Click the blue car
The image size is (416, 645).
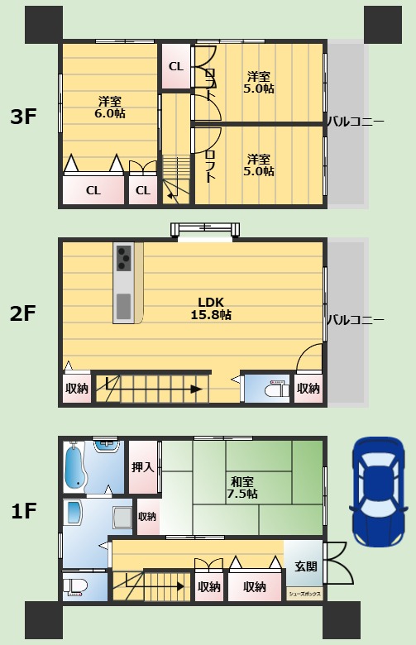379,492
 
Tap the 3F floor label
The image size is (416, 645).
23,117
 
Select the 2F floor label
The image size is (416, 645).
23,313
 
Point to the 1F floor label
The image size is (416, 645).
23,511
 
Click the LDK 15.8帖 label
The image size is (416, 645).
211,308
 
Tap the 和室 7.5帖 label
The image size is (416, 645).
242,487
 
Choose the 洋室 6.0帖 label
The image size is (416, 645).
110,107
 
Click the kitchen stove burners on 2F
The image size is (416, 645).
124,257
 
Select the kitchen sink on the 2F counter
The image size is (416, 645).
123,307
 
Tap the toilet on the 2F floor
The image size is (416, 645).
275,389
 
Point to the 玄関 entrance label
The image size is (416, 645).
306,566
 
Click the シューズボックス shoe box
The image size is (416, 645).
304,594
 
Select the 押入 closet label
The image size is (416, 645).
143,467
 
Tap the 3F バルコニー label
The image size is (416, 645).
356,122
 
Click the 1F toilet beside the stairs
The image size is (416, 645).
75,585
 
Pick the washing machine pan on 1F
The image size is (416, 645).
122,518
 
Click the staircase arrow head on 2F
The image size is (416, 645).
197,389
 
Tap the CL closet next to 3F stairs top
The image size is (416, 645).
175,66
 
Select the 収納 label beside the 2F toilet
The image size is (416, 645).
308,389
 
